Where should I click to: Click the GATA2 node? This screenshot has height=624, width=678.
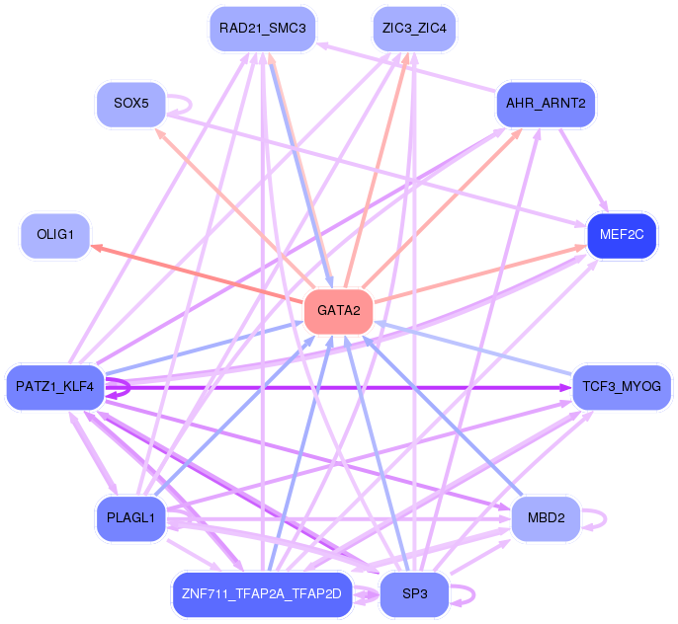pos(339,311)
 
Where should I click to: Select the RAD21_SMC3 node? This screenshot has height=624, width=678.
pos(263,29)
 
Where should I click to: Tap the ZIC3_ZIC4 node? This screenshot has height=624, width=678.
pos(414,29)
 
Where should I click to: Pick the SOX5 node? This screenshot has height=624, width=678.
pos(131,104)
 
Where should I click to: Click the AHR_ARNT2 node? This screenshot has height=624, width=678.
pos(546,104)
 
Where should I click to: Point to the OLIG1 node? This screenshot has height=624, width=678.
pos(55,235)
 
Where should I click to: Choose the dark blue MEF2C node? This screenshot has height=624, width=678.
pos(622,235)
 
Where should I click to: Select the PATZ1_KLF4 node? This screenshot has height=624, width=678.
pos(55,387)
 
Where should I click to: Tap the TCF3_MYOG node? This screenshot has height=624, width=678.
pos(622,387)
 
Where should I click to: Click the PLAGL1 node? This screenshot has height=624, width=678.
pos(131,518)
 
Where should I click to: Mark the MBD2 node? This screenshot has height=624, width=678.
pos(546,518)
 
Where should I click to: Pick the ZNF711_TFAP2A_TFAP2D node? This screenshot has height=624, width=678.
pos(262,594)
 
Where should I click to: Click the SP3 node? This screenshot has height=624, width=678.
pos(414,594)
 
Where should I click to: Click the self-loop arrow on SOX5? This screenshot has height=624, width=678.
pos(190,104)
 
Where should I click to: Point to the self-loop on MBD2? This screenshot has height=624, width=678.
pos(605,518)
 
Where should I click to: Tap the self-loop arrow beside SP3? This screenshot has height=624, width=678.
pos(474,594)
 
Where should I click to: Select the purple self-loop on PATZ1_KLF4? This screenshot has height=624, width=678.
pos(128,387)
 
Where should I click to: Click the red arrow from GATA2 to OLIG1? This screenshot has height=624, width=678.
pos(197,273)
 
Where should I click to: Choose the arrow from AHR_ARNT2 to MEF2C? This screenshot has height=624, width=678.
pos(584,170)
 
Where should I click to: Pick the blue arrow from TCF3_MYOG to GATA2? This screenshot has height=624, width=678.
pos(473,348)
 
